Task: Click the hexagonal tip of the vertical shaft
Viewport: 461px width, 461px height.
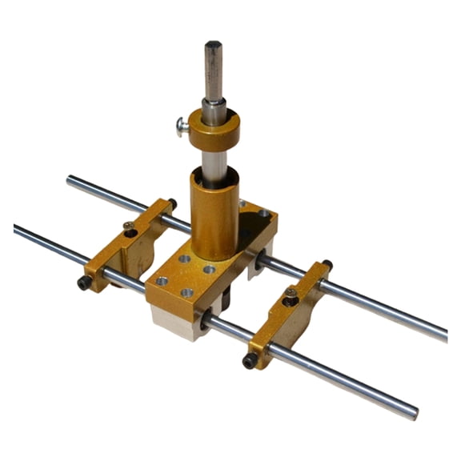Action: (212, 46)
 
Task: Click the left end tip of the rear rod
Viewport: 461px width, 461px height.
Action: (70, 180)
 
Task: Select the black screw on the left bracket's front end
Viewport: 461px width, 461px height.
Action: (84, 282)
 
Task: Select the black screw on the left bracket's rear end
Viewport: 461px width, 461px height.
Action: (172, 204)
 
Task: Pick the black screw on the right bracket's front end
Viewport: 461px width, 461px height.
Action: (250, 361)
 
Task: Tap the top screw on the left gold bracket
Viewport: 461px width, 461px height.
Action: (129, 229)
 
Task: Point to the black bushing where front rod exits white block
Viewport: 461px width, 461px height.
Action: (206, 320)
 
